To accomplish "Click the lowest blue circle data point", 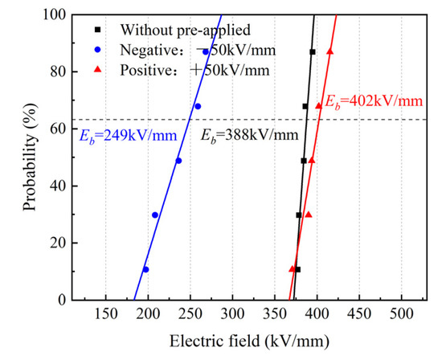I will tap(145, 269).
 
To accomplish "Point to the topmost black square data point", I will tap(313, 52).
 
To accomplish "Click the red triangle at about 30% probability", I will tap(308, 215).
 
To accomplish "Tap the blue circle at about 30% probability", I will tap(155, 215).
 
